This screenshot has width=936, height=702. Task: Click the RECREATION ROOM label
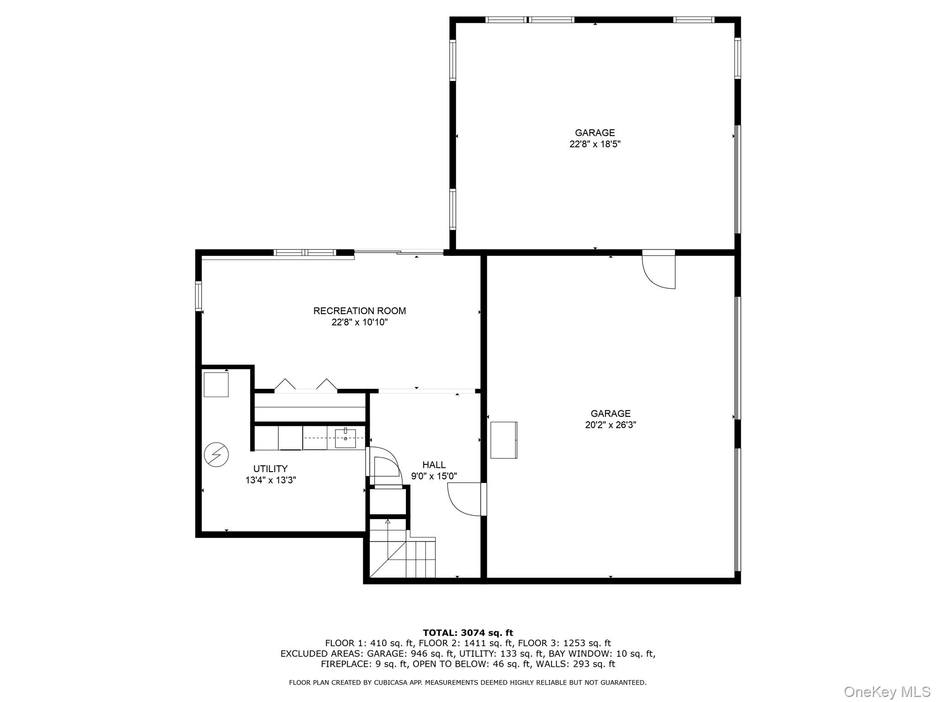[x=359, y=311]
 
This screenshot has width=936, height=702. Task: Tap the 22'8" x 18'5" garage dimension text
[x=595, y=144]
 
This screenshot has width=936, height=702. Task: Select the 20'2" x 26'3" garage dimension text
[x=610, y=425]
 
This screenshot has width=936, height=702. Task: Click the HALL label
[x=434, y=465]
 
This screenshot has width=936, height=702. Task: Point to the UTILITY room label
[x=270, y=469]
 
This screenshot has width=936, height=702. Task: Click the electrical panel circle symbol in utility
[x=216, y=455]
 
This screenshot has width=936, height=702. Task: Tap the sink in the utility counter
[x=346, y=438]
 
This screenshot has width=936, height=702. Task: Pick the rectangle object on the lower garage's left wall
[x=503, y=440]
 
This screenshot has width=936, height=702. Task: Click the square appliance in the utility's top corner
[x=216, y=385]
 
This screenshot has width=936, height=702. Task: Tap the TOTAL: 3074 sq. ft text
[x=468, y=633]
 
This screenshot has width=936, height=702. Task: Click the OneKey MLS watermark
[x=887, y=691]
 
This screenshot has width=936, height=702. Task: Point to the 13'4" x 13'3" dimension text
[x=270, y=480]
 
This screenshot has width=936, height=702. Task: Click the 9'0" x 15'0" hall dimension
[x=434, y=476]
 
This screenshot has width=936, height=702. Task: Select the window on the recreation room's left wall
[x=198, y=296]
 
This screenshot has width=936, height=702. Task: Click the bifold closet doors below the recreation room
[x=306, y=387]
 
